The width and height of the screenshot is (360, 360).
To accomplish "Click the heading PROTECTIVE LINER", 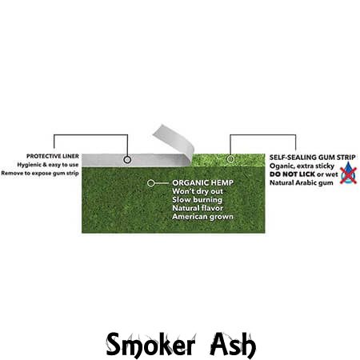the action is (x=53, y=156).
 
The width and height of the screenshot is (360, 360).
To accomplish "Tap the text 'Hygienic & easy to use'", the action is (x=48, y=165).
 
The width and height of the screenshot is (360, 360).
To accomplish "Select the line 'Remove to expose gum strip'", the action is (x=40, y=174).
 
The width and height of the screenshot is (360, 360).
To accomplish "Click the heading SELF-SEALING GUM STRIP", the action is (x=312, y=158).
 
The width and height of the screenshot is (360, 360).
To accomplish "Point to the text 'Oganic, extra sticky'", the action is (x=302, y=166).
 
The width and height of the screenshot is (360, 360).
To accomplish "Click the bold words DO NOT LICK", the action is (x=292, y=174).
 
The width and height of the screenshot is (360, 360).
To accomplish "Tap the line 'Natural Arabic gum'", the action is (x=302, y=183).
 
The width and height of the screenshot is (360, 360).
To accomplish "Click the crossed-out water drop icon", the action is (x=348, y=174).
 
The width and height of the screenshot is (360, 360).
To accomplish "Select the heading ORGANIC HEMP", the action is (x=202, y=183).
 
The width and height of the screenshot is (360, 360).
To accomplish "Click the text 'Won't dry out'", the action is (x=198, y=191).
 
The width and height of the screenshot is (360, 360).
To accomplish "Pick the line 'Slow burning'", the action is (x=197, y=200).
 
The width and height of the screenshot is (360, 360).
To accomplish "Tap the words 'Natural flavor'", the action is (x=198, y=208).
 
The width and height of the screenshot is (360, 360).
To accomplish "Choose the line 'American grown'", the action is (x=202, y=217).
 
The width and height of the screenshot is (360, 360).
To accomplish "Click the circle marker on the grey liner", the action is (x=127, y=160).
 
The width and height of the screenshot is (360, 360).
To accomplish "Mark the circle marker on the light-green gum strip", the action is (x=230, y=159).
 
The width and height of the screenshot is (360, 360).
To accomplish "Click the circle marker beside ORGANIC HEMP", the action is (x=150, y=183).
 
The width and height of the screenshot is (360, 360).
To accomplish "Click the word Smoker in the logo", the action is (x=150, y=345).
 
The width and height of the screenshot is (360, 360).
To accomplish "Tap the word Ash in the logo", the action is (x=233, y=345).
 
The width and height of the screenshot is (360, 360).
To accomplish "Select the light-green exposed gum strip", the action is (x=228, y=160).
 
